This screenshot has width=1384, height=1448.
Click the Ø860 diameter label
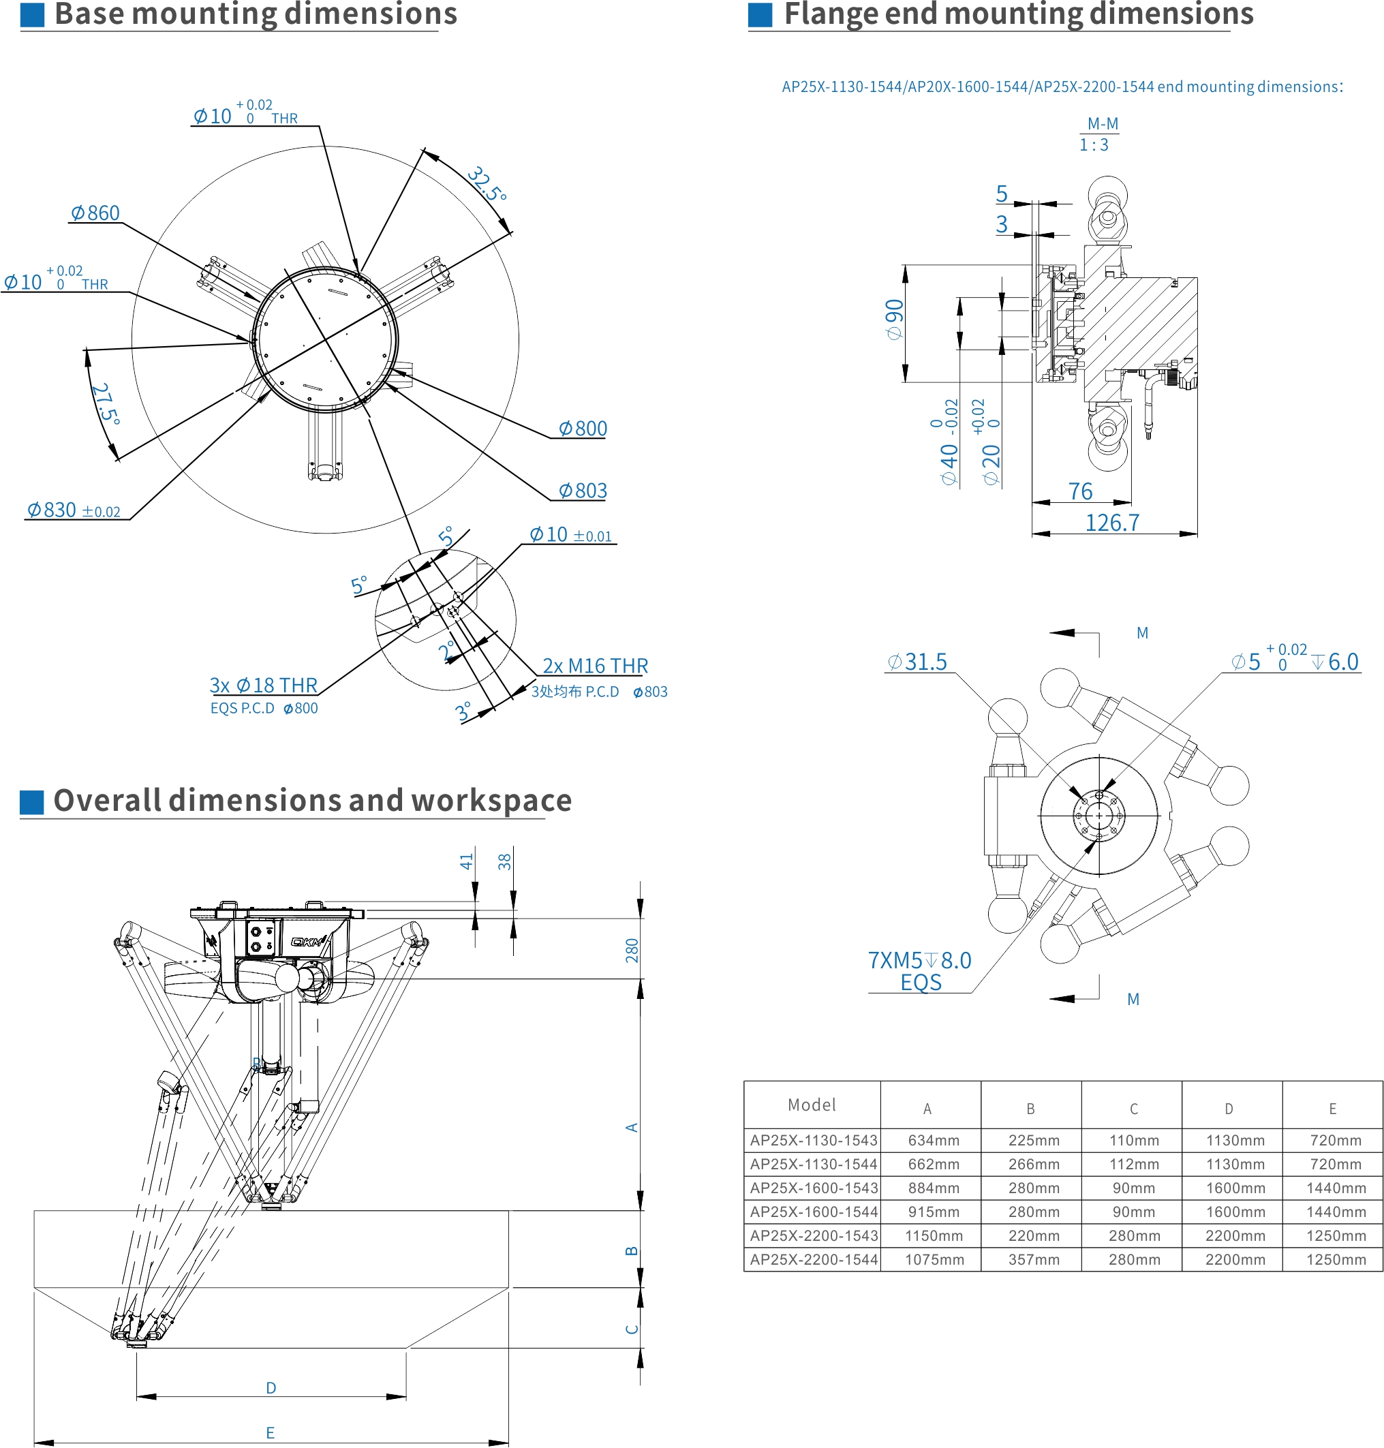[x=95, y=213]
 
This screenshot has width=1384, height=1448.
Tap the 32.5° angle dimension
[x=487, y=185]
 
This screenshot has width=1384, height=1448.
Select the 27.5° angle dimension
[x=105, y=403]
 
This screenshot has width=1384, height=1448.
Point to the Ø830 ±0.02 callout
[x=74, y=510]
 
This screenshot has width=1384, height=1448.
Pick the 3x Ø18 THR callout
[x=263, y=686]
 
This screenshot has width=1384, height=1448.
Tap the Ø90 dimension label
[x=894, y=320]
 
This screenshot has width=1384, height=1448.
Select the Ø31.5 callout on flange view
[x=917, y=662]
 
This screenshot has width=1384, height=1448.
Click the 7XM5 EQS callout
[x=919, y=971]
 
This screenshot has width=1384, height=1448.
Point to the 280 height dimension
[x=632, y=950]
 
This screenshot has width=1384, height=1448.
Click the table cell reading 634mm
[x=934, y=1141]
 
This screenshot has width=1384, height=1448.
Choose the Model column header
[x=812, y=1105]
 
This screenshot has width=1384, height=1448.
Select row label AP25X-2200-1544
[x=814, y=1260]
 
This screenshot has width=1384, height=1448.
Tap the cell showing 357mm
[x=1034, y=1260]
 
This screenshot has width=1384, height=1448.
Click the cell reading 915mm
[x=934, y=1212]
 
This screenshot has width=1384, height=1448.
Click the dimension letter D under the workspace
[x=271, y=1387]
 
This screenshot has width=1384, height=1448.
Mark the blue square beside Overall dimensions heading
[x=32, y=803]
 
